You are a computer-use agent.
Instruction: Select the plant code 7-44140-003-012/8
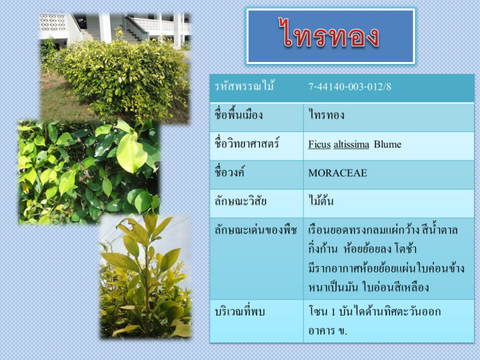(349, 87)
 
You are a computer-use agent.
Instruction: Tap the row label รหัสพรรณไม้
(245, 85)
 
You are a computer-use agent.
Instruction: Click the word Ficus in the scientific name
(319, 144)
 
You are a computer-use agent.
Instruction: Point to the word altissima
(352, 144)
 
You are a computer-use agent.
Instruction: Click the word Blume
(387, 144)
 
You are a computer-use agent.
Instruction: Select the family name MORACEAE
(337, 173)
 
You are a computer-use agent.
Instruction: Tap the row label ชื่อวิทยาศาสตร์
(247, 143)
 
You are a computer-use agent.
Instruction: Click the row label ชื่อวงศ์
(229, 172)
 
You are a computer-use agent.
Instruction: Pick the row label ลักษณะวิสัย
(241, 202)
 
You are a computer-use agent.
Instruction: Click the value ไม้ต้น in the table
(320, 201)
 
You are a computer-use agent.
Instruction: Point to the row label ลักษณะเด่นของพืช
(255, 230)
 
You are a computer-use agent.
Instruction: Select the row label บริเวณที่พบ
(239, 312)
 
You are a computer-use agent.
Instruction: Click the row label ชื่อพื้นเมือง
(238, 114)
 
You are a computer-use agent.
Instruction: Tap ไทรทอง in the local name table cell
(326, 115)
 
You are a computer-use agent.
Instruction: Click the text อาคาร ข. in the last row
(328, 331)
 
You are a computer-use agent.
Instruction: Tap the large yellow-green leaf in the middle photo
(131, 152)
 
